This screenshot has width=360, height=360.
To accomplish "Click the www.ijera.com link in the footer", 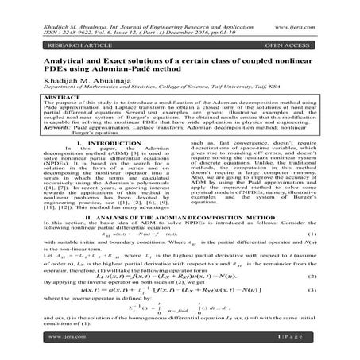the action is [47, 349].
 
